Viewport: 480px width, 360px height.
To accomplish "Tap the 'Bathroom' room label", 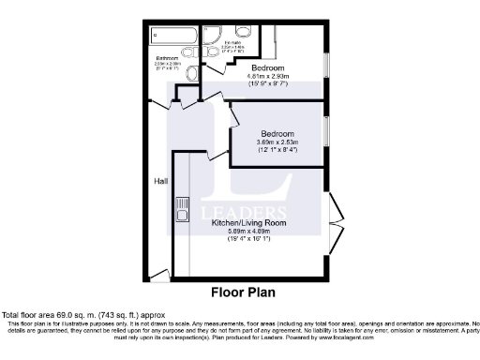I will [169, 58].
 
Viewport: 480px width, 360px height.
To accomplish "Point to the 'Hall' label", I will [160, 180].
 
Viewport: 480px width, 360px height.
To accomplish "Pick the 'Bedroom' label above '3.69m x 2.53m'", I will [278, 132].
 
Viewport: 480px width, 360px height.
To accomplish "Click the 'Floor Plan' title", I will [242, 292].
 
